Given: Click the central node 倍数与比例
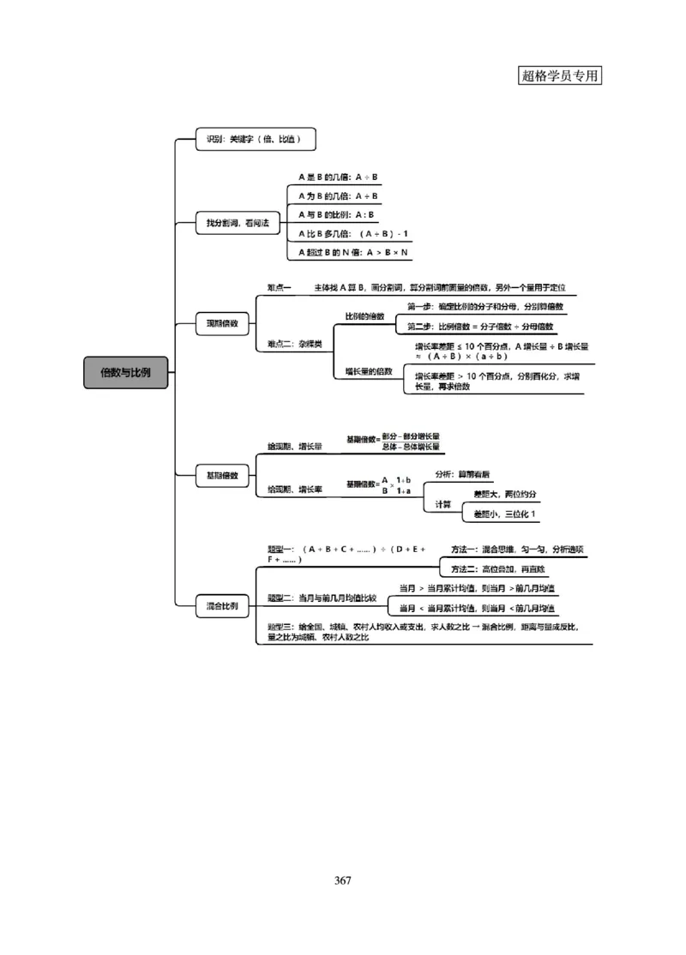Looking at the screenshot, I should point(125,373).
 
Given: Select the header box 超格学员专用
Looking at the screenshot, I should point(560,75).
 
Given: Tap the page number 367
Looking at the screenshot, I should point(343,880).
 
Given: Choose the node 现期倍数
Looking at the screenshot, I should point(221,324).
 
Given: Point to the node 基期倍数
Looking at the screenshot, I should point(221,474).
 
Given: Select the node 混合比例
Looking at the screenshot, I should point(221,606).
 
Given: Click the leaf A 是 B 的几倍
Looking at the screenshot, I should point(339,177).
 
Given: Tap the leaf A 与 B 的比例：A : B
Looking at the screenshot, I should point(336,214).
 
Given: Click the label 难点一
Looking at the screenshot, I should point(280,287).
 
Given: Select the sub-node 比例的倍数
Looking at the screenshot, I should point(364,316).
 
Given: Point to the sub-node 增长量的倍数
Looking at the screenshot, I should point(369,371).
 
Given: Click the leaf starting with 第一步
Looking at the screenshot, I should point(485,306).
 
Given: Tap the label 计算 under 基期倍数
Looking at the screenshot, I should point(443,504).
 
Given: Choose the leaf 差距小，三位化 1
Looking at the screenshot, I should point(499,514).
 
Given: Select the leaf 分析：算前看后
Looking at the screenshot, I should point(468,474).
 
